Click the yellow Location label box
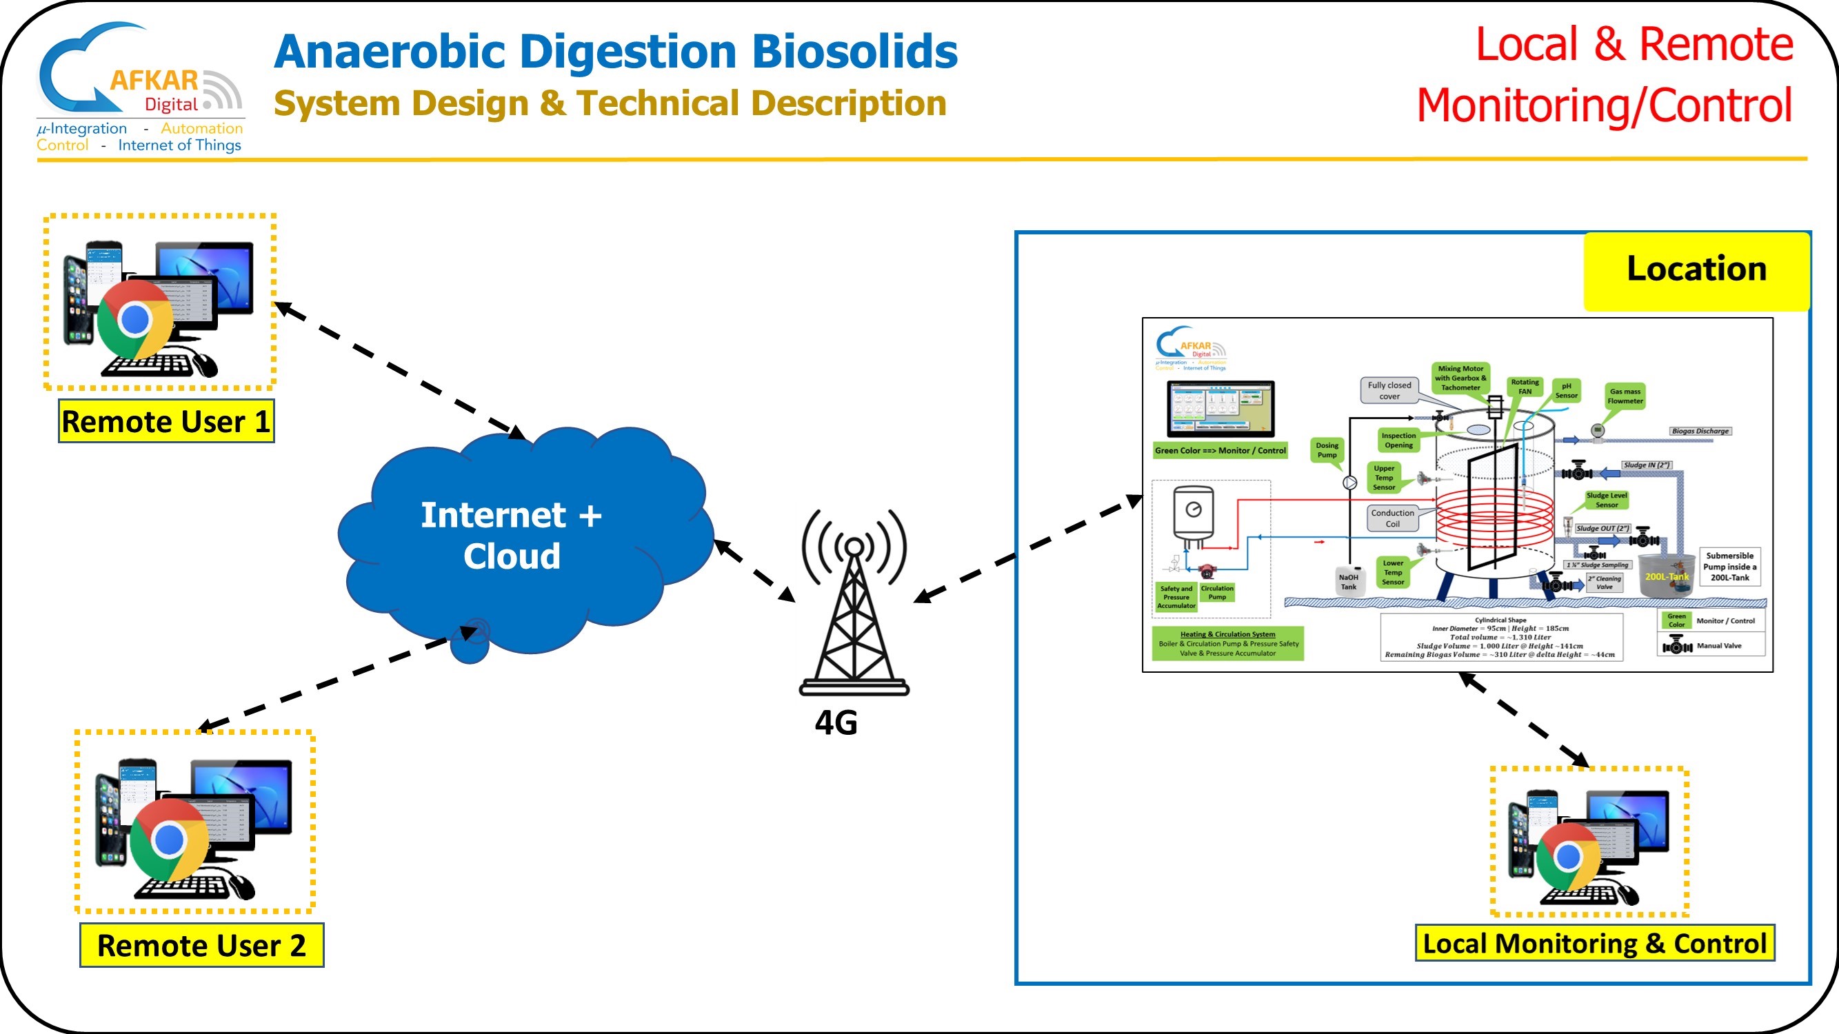tap(1696, 270)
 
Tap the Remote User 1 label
tap(165, 422)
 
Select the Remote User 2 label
tap(201, 946)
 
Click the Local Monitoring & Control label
tap(1594, 944)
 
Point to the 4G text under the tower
tap(836, 723)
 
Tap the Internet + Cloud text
tap(511, 535)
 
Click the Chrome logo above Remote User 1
tap(134, 321)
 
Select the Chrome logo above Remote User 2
tap(168, 840)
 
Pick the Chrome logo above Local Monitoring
tap(1568, 857)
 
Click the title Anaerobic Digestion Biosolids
tap(615, 52)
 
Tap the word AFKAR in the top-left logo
tap(154, 80)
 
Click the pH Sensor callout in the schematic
tap(1567, 390)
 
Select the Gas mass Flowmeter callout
tap(1625, 396)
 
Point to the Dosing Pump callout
tap(1327, 450)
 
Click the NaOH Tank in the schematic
tap(1349, 582)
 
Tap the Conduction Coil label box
tap(1392, 518)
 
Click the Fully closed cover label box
tap(1389, 390)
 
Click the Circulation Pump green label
tap(1217, 592)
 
